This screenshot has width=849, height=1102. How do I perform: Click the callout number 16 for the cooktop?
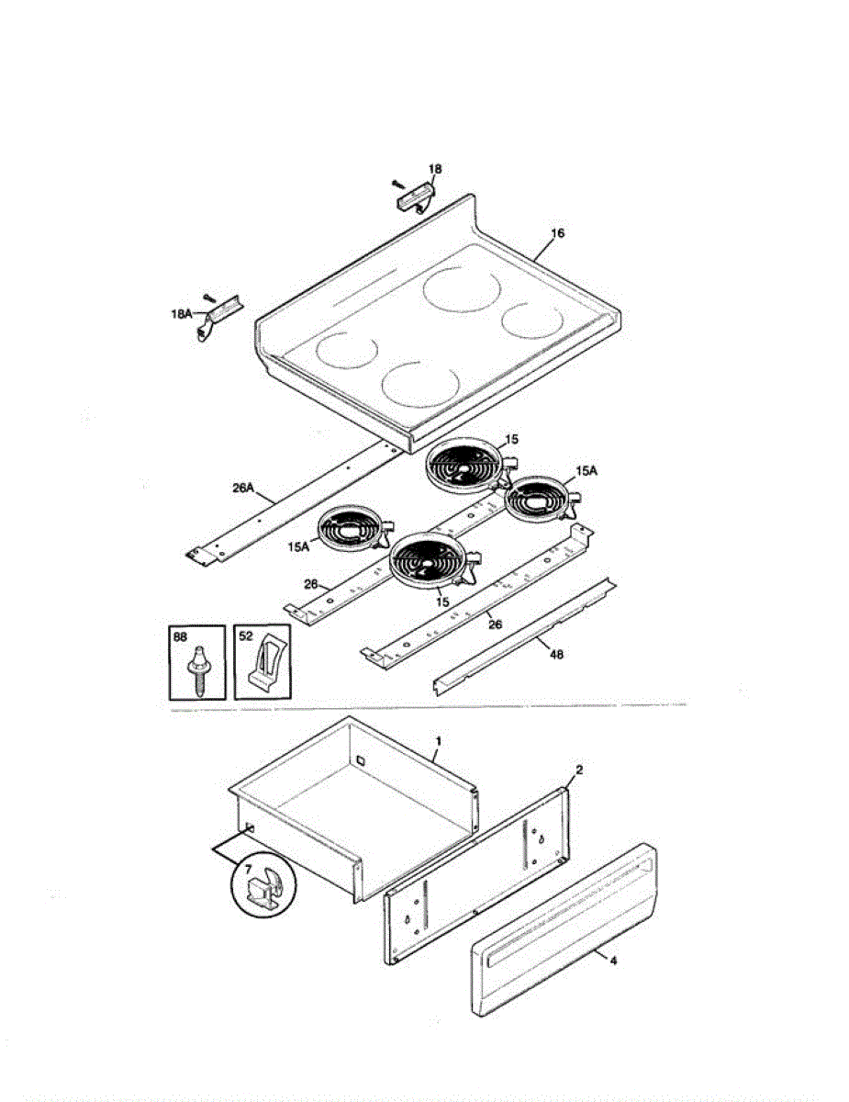pos(558,233)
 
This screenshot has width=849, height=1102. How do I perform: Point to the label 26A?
pos(242,489)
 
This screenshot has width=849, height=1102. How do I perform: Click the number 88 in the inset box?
pos(181,636)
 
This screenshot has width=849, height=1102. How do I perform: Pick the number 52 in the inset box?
pos(245,636)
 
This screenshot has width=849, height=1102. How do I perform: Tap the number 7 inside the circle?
pos(247,868)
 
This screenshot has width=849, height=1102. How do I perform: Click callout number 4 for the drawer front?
pos(612,961)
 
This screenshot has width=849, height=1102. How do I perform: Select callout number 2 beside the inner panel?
pos(578,769)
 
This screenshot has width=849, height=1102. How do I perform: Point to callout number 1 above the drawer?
pos(439,740)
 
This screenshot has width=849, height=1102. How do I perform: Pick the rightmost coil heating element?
pos(541,500)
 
